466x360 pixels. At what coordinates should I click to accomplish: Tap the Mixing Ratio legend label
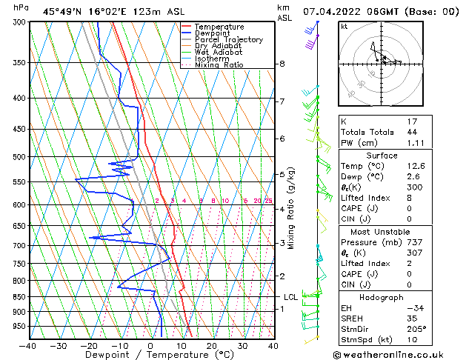pos(219,65)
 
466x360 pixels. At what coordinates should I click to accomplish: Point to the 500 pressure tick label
pos(17,157)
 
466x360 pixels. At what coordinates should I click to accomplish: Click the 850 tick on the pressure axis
pos(17,297)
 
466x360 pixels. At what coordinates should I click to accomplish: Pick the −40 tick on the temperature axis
pos(28,346)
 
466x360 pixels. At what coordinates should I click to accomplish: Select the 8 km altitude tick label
pos(282,64)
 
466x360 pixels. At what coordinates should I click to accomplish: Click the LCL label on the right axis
pos(291,298)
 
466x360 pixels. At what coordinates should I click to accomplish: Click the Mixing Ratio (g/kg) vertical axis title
pos(291,207)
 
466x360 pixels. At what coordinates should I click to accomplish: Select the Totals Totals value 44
pos(412,132)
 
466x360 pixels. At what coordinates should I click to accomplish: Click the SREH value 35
pos(412,319)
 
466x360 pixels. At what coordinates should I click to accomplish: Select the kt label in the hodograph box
pos(344,27)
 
